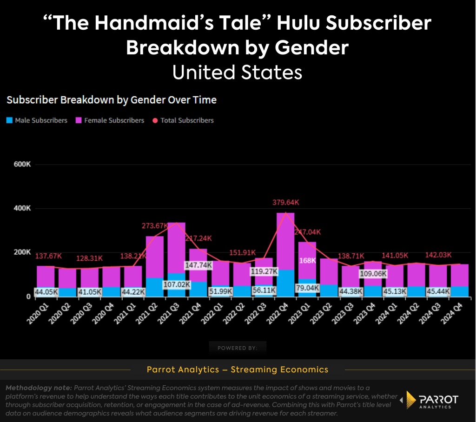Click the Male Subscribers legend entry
tap(37, 120)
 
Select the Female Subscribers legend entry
tap(110, 120)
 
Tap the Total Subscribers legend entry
tap(183, 120)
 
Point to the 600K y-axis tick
tap(21, 165)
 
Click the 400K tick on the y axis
tap(21, 208)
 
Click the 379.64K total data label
tap(286, 203)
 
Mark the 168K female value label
tap(307, 260)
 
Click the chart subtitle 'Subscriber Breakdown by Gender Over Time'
tap(112, 99)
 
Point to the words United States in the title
tap(238, 73)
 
